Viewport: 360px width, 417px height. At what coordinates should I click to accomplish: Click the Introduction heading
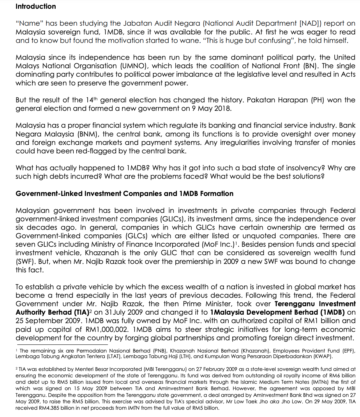36,6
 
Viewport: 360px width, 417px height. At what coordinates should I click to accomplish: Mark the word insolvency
303,168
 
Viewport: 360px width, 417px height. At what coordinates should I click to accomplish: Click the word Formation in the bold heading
216,194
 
